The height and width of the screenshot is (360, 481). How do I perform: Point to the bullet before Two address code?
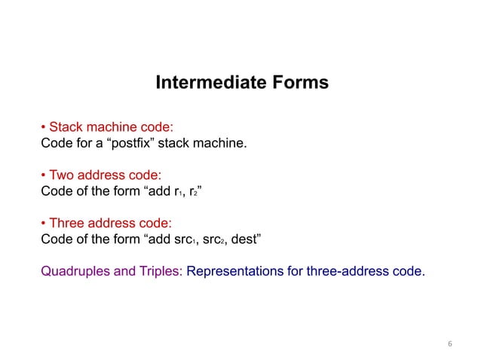click(43, 174)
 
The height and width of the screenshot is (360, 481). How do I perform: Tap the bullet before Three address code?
click(43, 224)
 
